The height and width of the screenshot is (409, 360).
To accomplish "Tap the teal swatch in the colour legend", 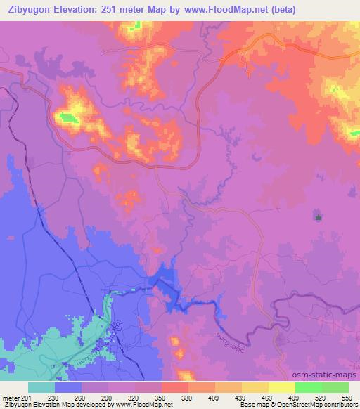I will pyautogui.click(x=41, y=387).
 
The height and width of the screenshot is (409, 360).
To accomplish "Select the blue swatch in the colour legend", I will pyautogui.click(x=67, y=387).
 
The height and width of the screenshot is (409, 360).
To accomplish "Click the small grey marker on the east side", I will pyautogui.click(x=319, y=217).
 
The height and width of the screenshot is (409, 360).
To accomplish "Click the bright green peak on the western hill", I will pyautogui.click(x=68, y=117).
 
